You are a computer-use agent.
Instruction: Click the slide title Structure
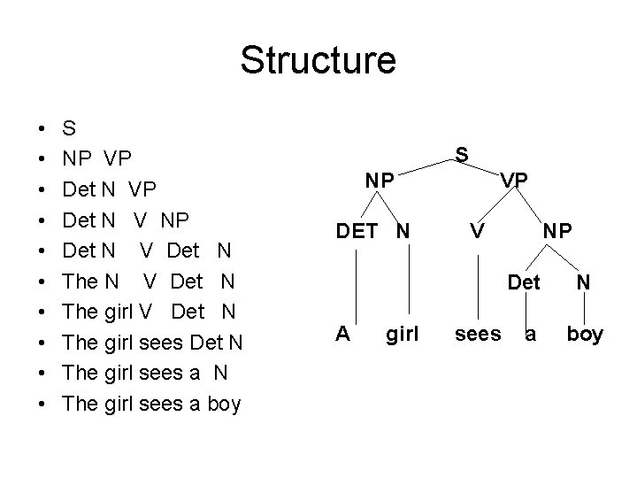click(318, 60)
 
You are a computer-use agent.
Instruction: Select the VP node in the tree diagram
click(514, 180)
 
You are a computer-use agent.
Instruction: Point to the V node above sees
click(476, 231)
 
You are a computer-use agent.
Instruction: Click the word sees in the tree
click(478, 334)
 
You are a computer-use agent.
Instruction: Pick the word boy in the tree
click(585, 334)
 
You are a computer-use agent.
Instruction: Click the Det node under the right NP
click(524, 284)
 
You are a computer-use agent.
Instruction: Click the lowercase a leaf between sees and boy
click(531, 335)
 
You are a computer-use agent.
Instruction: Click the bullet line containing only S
click(69, 128)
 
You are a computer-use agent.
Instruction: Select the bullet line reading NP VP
click(97, 159)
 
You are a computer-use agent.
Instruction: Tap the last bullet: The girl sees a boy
click(151, 404)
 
